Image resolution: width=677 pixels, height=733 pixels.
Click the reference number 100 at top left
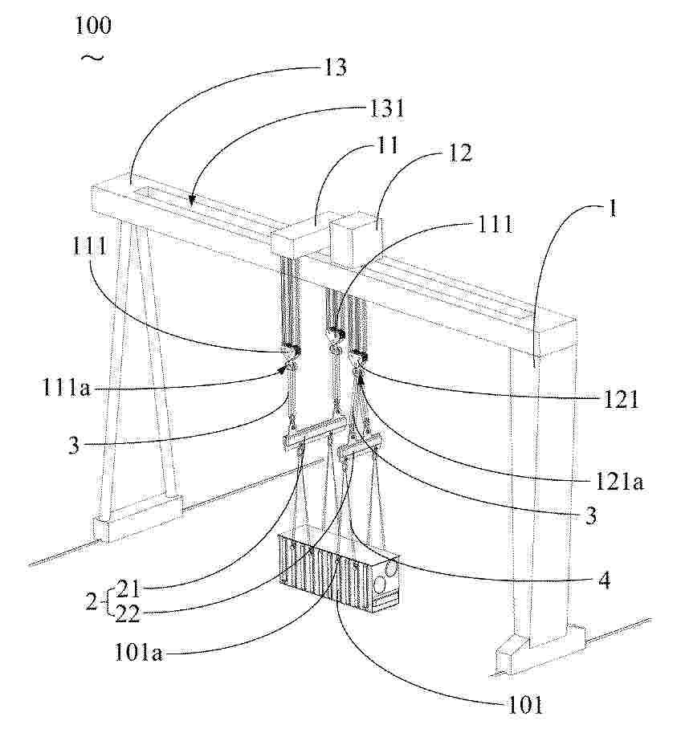pyautogui.click(x=93, y=25)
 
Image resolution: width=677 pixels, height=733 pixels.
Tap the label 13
pyautogui.click(x=335, y=67)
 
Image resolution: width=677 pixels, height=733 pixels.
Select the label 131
pyautogui.click(x=386, y=108)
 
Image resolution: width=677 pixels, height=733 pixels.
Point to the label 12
pyautogui.click(x=459, y=153)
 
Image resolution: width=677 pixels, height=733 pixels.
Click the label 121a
pyautogui.click(x=618, y=482)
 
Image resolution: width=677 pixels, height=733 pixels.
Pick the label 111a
pyautogui.click(x=67, y=388)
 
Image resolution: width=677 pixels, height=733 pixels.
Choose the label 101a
pyautogui.click(x=139, y=652)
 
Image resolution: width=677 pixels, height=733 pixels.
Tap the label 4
pyautogui.click(x=604, y=580)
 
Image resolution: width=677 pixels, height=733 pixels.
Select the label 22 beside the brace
pyautogui.click(x=128, y=614)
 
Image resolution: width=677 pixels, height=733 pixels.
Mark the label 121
pyautogui.click(x=621, y=401)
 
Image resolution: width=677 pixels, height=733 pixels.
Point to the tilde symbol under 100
pyautogui.click(x=92, y=58)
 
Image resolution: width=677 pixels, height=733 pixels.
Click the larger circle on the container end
pyautogui.click(x=392, y=568)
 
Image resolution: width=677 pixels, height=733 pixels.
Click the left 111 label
pyautogui.click(x=90, y=246)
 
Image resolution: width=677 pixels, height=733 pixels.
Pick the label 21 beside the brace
pyautogui.click(x=128, y=589)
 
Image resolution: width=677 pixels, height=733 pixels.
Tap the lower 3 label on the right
pyautogui.click(x=591, y=515)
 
